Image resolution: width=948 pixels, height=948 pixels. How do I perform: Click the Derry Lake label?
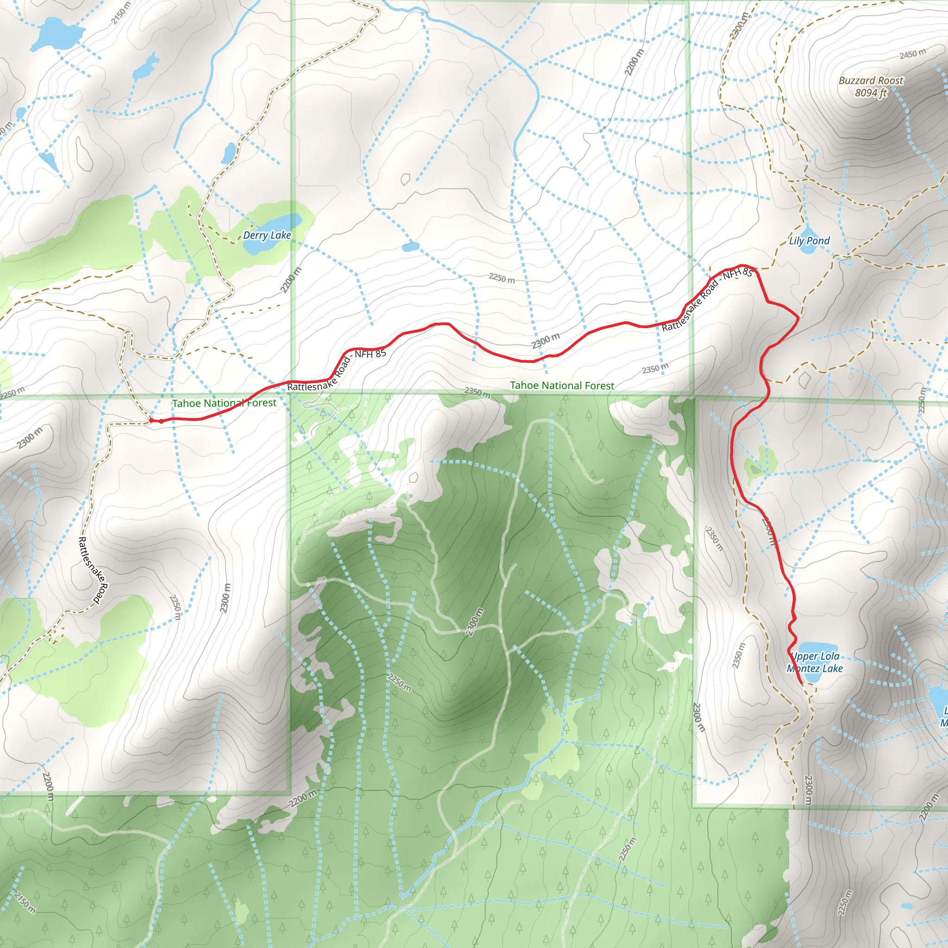point(267,236)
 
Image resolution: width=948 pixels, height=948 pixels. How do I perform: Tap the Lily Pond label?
point(809,240)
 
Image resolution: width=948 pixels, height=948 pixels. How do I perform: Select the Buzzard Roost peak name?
point(871,81)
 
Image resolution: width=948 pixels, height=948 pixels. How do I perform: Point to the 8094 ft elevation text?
point(871,92)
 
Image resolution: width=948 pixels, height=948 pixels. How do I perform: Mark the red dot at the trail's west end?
point(152,420)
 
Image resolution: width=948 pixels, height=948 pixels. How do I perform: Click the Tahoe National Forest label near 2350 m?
point(562,386)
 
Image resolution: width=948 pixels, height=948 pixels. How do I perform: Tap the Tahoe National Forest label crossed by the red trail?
point(224,403)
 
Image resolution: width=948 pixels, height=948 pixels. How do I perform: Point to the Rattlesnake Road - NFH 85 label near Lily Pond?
point(706,299)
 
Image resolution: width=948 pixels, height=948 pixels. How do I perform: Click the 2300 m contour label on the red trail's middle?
point(545,340)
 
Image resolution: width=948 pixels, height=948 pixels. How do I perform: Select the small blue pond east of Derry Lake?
point(410,246)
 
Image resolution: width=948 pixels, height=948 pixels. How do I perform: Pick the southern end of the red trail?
point(801,683)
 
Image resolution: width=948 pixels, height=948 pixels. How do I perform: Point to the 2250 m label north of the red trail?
point(501,278)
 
